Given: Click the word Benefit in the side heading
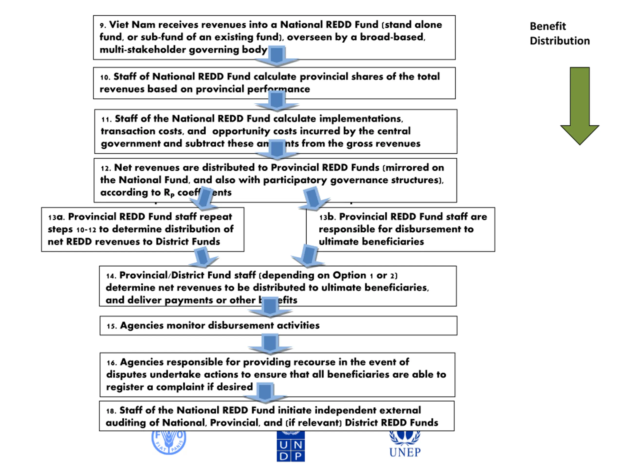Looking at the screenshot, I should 548,26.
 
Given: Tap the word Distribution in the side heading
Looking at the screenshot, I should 560,41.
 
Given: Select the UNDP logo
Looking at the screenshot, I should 290,447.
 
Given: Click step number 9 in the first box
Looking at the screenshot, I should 103,26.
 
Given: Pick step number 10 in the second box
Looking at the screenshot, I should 105,77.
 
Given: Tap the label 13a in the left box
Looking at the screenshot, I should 56,217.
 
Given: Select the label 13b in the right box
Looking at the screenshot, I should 328,217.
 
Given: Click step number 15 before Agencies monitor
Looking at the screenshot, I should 111,326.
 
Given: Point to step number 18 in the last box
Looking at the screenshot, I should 111,411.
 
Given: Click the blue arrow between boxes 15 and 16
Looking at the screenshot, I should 270,344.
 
